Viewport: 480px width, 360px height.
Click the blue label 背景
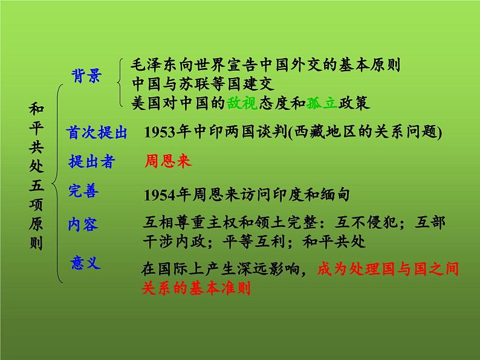(86, 75)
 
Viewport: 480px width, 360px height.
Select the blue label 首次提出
(97, 133)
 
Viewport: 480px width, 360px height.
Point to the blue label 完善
(83, 191)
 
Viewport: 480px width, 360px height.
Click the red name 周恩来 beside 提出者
(168, 161)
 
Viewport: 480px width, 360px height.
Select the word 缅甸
(335, 194)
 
